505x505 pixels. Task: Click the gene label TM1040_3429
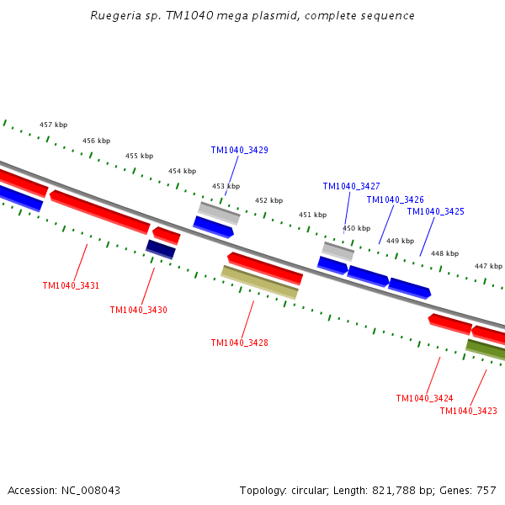pos(239,150)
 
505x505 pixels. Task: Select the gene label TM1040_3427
pos(351,186)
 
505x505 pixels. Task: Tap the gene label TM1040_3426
pos(395,199)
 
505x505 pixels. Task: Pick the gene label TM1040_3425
pos(435,211)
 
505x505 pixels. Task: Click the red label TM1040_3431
pos(71,285)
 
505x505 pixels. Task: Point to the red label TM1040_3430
pos(138,310)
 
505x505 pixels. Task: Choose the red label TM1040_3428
pos(239,343)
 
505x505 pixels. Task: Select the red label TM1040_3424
pos(424,398)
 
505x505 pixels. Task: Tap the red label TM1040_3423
pos(468,411)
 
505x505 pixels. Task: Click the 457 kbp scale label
pos(53,125)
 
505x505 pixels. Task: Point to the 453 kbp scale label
pos(226,186)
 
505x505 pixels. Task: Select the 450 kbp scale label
pos(356,228)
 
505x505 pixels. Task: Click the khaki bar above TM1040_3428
pos(259,282)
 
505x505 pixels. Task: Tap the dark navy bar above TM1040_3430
pos(160,249)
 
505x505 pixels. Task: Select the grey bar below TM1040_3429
pos(219,212)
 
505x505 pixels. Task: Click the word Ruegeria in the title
pos(116,16)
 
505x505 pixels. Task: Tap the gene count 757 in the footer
pos(486,490)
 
